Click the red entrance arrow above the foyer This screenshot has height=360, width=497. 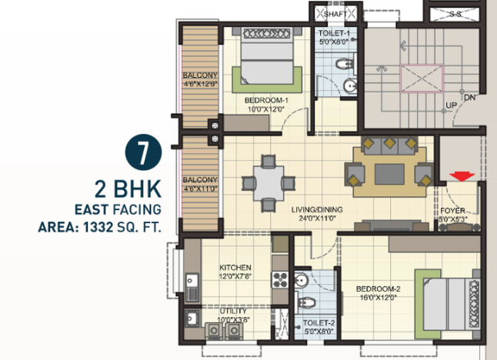point(462,176)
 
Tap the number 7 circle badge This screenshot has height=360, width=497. point(144,152)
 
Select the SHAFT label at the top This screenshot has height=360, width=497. point(335,14)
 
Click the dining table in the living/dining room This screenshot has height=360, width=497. point(269,183)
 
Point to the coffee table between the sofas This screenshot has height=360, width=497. point(389,174)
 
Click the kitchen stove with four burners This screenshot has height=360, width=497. point(280,279)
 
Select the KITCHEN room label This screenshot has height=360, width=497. point(235,268)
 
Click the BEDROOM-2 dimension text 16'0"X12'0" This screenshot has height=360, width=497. point(379,298)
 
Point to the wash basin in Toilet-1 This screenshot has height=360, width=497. point(350,85)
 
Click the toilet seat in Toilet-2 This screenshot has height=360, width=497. point(306,302)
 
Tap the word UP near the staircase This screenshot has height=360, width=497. point(451,105)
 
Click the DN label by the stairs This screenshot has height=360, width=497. point(470,98)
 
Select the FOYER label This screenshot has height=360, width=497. point(452,211)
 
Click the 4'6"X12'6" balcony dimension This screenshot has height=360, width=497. point(200,84)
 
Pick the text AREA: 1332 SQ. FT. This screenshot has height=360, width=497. point(99,227)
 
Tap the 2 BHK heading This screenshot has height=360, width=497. point(128,189)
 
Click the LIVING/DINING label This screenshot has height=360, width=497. point(317,209)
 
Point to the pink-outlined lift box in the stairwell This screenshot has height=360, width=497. point(422,78)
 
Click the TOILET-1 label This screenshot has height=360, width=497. point(334,33)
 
